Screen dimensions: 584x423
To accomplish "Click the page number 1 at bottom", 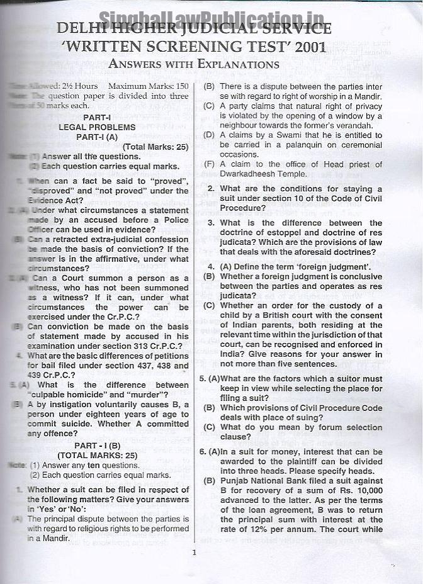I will coord(194,553).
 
